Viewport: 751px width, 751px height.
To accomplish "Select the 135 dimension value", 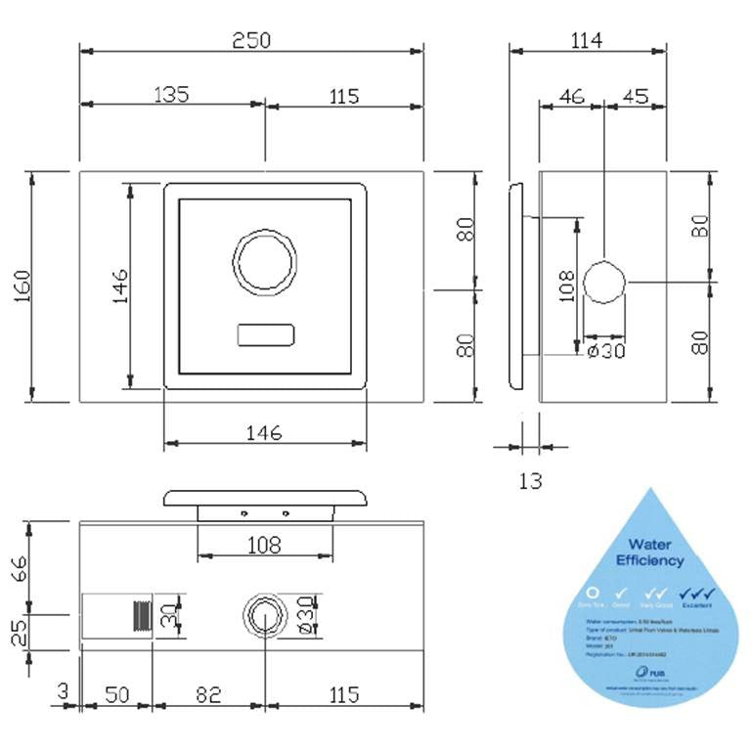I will point(171,95).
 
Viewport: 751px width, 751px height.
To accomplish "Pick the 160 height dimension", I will point(22,287).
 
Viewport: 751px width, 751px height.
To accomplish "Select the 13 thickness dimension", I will point(529,480).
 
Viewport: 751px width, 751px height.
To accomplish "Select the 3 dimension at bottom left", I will point(64,693).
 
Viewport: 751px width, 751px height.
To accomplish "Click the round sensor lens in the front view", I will point(264,261).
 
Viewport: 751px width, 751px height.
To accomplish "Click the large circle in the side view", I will point(605,285).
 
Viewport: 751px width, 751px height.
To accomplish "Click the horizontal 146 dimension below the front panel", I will point(264,431).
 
